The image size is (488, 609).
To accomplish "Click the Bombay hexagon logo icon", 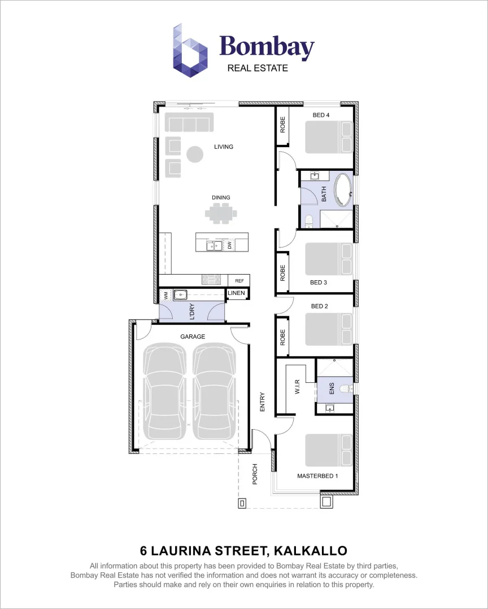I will [190, 51].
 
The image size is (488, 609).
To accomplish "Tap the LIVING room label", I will [224, 147].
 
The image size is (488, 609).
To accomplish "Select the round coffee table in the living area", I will [195, 153].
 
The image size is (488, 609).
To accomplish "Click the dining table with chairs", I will [221, 214].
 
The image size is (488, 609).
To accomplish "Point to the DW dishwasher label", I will [230, 245].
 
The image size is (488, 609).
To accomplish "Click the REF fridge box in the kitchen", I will [238, 280].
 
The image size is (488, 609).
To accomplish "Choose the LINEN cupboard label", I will [237, 293].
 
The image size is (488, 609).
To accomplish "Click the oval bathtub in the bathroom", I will [343, 191].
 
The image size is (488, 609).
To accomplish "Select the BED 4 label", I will [321, 115].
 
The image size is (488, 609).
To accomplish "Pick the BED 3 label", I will [319, 283].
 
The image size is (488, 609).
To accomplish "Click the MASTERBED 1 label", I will [317, 476].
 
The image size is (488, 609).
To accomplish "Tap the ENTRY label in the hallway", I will [262, 401].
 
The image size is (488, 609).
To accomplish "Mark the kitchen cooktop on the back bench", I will [213, 279].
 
